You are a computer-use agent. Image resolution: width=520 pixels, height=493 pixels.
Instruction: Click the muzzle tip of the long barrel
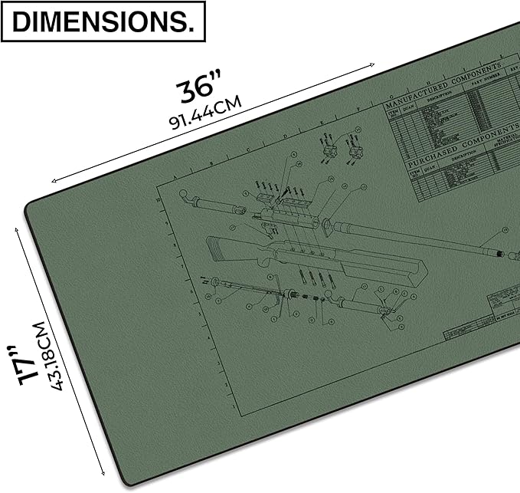click(501, 253)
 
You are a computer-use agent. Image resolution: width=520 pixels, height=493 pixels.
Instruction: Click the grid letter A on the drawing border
click(175, 176)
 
